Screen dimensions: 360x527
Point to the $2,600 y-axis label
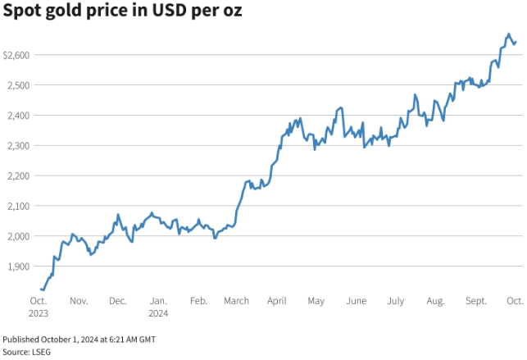click(17, 55)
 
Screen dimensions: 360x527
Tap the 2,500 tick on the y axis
click(20, 85)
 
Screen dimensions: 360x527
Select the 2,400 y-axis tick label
click(20, 116)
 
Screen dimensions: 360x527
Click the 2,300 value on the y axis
click(20, 146)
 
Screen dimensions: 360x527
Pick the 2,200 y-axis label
click(20, 176)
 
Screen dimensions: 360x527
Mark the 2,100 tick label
click(20, 207)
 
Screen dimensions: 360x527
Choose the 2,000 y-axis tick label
click(20, 237)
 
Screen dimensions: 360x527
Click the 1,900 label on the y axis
click(20, 267)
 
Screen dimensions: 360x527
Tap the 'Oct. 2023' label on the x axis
click(39, 307)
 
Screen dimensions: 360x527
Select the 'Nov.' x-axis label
click(79, 301)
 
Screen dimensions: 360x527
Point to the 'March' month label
click(237, 301)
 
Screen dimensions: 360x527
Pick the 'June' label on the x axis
click(357, 301)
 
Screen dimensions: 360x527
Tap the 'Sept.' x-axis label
click(475, 301)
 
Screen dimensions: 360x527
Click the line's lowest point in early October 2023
click(43, 289)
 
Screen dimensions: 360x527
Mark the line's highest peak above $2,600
click(509, 34)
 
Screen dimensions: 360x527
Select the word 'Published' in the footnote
click(21, 339)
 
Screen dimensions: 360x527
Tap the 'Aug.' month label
click(435, 301)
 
